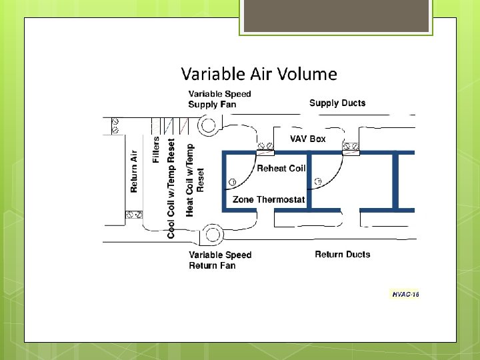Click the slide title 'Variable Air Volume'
(x=259, y=74)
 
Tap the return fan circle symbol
(x=213, y=234)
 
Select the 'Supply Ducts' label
(x=337, y=103)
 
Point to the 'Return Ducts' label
(x=343, y=254)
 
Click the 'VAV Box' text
(x=307, y=139)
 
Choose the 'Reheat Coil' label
(x=281, y=169)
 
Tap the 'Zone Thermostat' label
(x=269, y=199)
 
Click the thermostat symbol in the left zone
(x=232, y=182)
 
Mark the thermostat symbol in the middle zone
(x=317, y=181)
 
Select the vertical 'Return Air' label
(x=134, y=172)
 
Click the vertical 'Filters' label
(x=156, y=149)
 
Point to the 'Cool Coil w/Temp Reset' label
(x=171, y=188)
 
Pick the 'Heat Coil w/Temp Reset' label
(x=195, y=179)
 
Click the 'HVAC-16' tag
(x=405, y=294)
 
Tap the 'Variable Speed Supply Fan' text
(x=219, y=99)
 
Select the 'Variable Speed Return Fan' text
(x=220, y=260)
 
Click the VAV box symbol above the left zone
(x=265, y=147)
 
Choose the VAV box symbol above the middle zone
(x=351, y=147)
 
